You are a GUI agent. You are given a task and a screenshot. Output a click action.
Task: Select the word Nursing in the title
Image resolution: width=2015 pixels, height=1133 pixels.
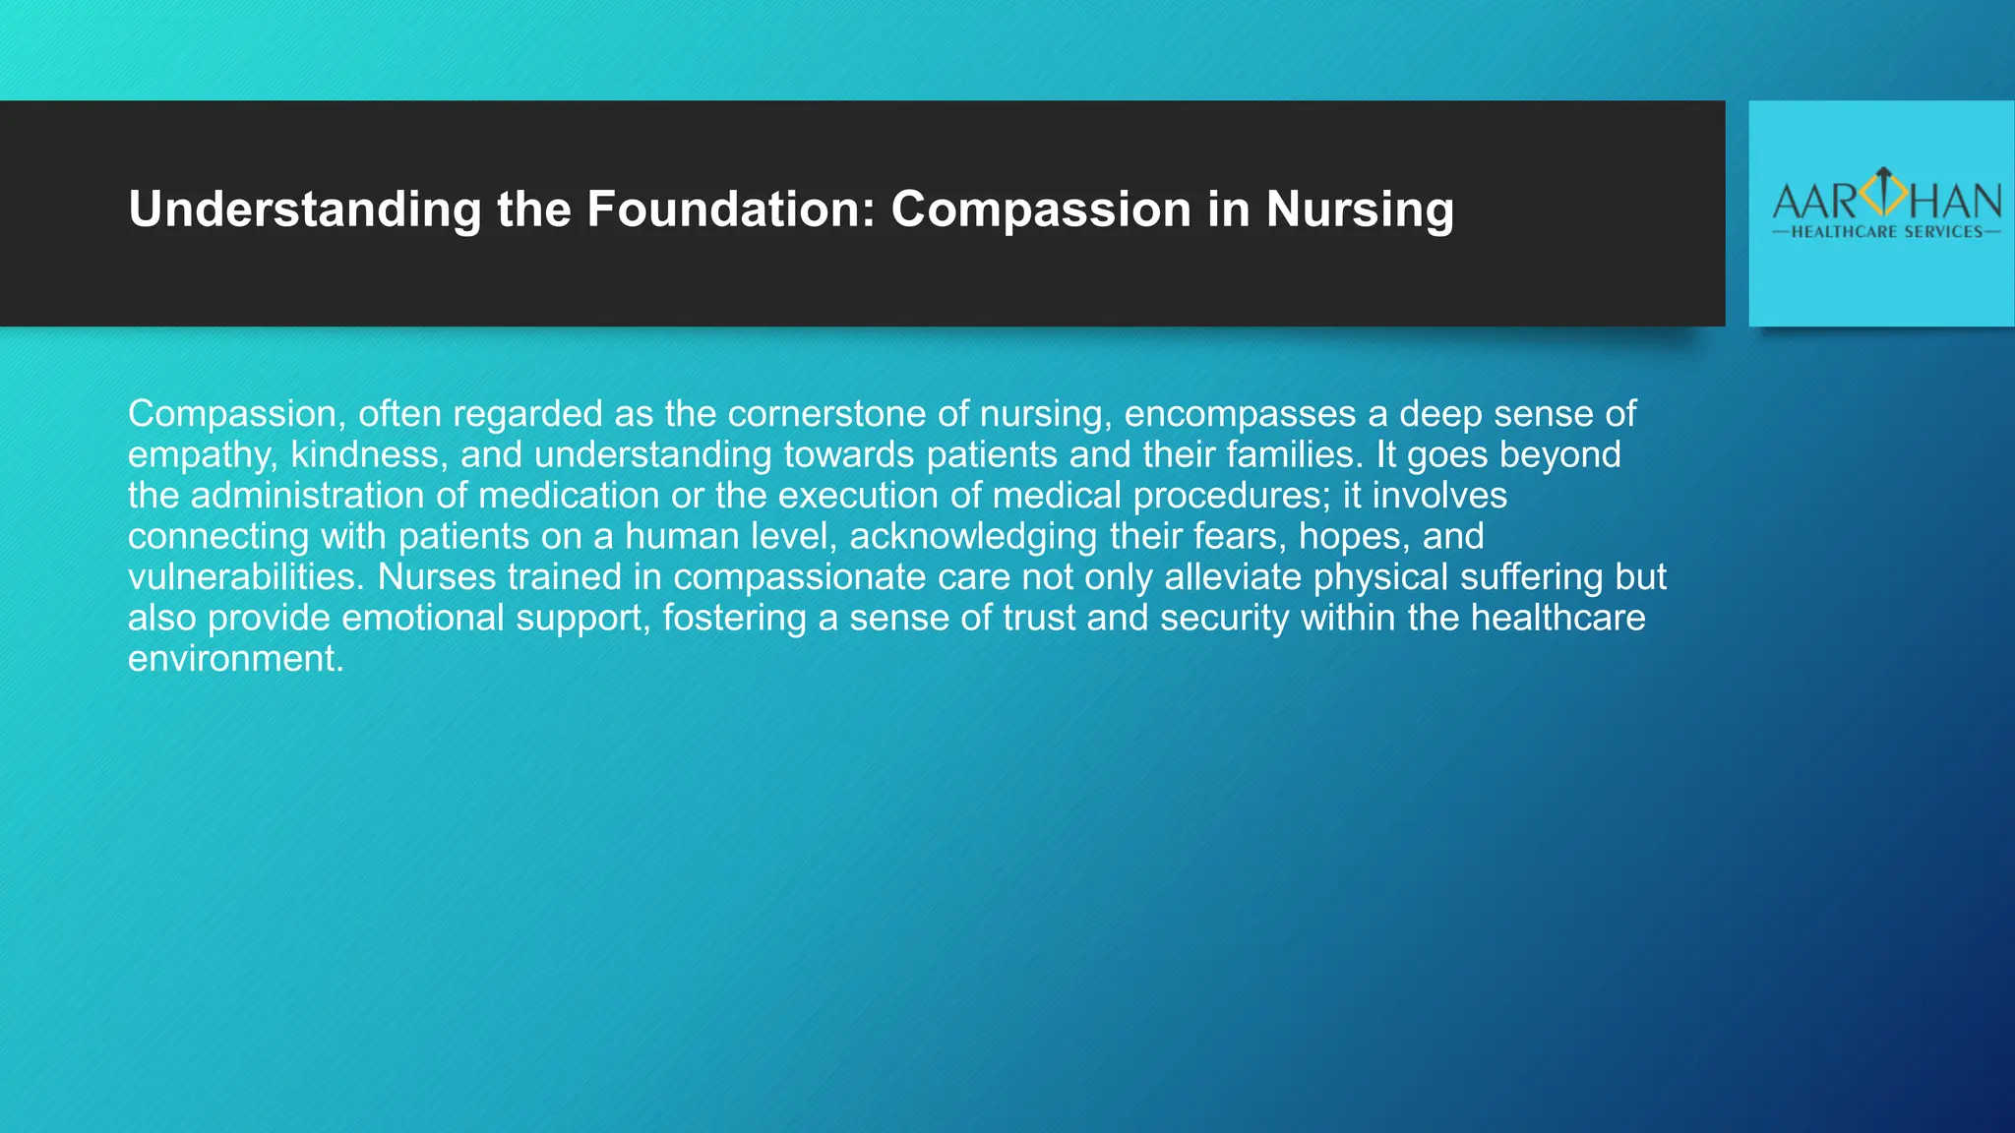(1360, 210)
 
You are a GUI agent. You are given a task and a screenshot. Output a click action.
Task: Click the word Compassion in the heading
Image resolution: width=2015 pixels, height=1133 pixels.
(1041, 210)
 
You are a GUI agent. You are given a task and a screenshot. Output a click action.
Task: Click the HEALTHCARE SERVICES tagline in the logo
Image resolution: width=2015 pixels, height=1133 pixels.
(1886, 232)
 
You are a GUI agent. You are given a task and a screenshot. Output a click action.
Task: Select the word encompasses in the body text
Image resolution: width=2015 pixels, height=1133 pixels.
(1240, 414)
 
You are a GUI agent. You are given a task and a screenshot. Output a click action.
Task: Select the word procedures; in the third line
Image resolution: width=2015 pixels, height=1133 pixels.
(1230, 496)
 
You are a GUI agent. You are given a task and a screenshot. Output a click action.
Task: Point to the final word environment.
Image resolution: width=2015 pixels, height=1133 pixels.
(235, 659)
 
